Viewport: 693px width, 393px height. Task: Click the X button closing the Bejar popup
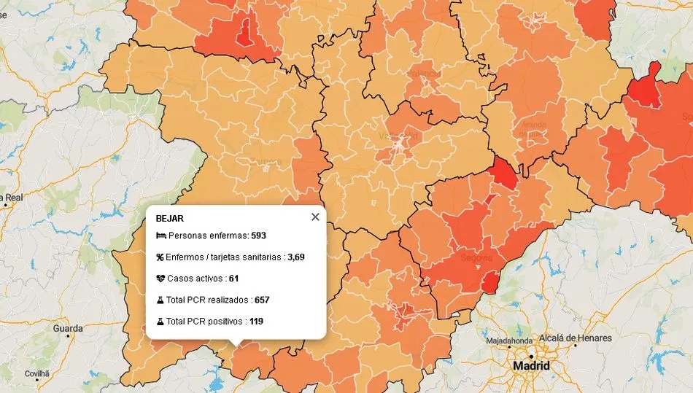click(315, 217)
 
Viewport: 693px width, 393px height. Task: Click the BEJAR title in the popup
click(170, 218)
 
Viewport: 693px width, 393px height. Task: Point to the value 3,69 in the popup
click(296, 257)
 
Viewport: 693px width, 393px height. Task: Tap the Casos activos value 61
click(233, 279)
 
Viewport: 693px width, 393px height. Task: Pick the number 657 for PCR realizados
click(262, 300)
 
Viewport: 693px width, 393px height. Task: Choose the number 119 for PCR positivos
click(256, 321)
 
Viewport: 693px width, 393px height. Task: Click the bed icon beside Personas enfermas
click(160, 236)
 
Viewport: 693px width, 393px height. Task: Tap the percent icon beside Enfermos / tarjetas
click(160, 257)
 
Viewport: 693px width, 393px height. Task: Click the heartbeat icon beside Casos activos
click(160, 279)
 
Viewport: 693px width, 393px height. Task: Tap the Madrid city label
click(531, 365)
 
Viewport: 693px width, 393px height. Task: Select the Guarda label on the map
click(68, 329)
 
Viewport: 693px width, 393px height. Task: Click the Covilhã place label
click(36, 373)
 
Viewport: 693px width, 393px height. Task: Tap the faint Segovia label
click(478, 258)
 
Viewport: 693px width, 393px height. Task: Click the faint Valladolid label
click(398, 136)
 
